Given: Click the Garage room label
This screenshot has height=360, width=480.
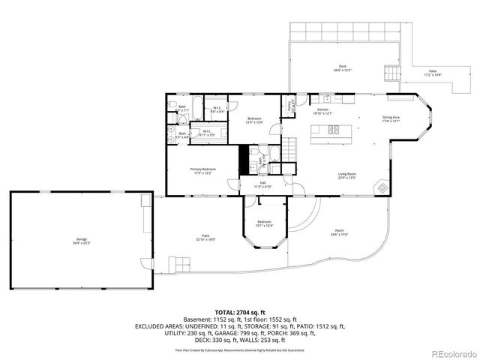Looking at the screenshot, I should click(79, 241).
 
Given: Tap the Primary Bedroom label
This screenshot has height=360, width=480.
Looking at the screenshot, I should click(202, 172).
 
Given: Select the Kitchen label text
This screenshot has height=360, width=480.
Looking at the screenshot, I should click(323, 112).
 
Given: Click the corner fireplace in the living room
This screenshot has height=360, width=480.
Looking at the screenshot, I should click(382, 187).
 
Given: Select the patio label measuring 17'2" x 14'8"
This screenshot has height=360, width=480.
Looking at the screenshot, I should click(433, 74).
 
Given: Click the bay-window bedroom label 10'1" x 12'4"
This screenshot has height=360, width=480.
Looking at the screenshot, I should click(264, 223).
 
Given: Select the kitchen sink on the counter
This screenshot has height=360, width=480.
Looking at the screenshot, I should click(328, 97).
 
